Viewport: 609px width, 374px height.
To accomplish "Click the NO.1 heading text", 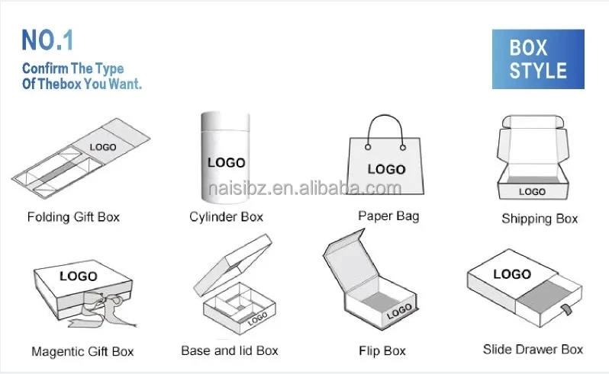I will tap(48, 40).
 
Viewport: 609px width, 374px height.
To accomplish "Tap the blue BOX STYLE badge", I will tap(538, 59).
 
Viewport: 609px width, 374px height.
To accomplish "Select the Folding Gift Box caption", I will tap(73, 217).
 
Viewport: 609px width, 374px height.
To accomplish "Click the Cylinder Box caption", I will tap(226, 217).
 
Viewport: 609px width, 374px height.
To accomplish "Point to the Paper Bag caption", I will tap(388, 216).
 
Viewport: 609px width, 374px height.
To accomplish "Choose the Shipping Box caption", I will tap(540, 219).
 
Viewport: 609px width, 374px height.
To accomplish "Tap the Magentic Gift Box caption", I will tap(82, 352).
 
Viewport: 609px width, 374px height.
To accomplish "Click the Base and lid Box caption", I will tap(230, 350).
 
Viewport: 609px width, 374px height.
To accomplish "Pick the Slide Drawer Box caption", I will tap(533, 350).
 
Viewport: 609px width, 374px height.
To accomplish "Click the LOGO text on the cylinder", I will tap(227, 162).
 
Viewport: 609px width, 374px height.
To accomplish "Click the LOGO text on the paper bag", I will tap(386, 169).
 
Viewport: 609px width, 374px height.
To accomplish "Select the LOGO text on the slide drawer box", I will tap(511, 274).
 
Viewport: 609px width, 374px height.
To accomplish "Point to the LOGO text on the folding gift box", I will tap(102, 147).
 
